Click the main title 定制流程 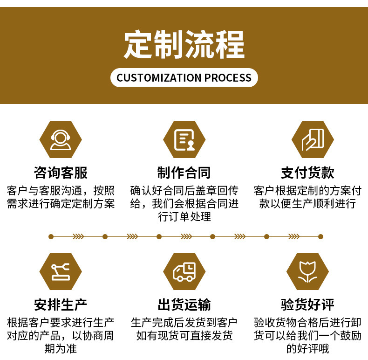click(x=184, y=44)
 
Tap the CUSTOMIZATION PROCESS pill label click(x=184, y=77)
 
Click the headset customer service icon click(x=61, y=139)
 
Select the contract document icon click(x=184, y=139)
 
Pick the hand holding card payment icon click(x=313, y=139)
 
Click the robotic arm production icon click(x=61, y=272)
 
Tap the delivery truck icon click(x=184, y=272)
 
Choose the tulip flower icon click(x=307, y=272)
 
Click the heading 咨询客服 click(x=61, y=173)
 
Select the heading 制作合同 click(x=184, y=173)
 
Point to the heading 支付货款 click(x=307, y=173)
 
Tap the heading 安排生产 click(x=61, y=305)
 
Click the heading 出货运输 click(x=184, y=305)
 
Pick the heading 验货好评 click(x=307, y=305)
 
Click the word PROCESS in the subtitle click(x=228, y=78)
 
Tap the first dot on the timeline click(x=51, y=236)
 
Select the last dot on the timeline click(x=320, y=236)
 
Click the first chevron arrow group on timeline click(x=78, y=236)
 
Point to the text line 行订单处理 click(x=184, y=216)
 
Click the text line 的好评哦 click(x=307, y=348)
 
